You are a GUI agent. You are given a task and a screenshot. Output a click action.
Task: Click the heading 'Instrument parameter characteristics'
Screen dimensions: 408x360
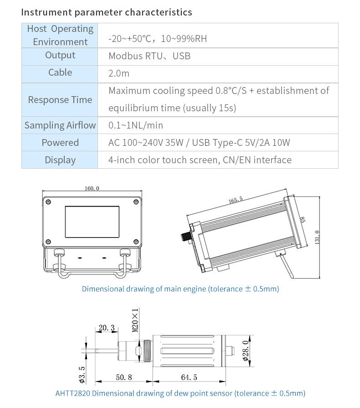point(107,12)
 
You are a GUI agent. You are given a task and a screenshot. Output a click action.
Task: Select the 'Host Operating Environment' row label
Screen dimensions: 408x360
point(60,35)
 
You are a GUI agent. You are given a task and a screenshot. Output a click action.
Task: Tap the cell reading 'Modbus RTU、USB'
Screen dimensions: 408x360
point(149,56)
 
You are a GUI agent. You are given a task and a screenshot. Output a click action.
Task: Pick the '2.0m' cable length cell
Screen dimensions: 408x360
point(119,73)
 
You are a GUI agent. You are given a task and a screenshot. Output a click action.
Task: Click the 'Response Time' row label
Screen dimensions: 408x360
point(60,100)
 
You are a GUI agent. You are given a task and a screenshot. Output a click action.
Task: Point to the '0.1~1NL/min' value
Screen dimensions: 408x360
point(136,125)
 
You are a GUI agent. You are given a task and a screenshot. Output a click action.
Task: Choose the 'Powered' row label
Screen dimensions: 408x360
point(60,143)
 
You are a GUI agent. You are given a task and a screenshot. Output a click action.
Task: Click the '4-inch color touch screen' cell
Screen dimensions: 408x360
point(200,160)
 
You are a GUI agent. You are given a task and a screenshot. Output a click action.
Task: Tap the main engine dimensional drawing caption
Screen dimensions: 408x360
point(180,289)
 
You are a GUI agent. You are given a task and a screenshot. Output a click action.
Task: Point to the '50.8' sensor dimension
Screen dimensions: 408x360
point(124,378)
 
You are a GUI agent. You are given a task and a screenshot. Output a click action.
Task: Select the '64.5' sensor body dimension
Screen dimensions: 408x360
point(189,378)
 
